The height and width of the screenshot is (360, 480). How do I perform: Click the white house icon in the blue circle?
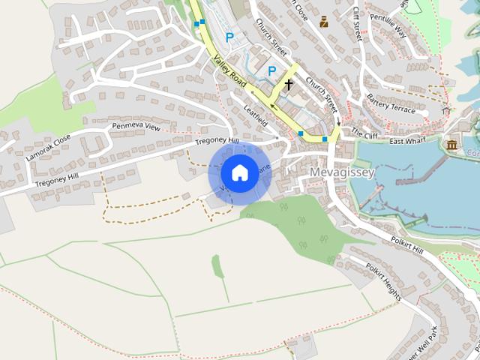point(239,172)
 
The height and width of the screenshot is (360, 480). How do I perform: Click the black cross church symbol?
point(289,85)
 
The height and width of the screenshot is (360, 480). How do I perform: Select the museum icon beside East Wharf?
point(451,144)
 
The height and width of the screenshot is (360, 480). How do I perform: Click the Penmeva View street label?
point(136,127)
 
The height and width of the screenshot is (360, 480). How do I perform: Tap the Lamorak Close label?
point(47,147)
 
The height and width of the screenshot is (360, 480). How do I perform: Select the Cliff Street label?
point(358,23)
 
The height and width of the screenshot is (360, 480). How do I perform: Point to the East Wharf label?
point(407,141)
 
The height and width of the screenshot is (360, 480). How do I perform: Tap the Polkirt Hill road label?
point(407,245)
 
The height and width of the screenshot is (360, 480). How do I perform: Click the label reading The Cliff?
point(365,134)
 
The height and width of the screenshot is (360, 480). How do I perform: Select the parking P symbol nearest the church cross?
point(272,71)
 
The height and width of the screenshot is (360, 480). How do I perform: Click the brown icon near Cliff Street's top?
point(324,21)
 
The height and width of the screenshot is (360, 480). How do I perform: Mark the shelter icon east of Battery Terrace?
point(447,111)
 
